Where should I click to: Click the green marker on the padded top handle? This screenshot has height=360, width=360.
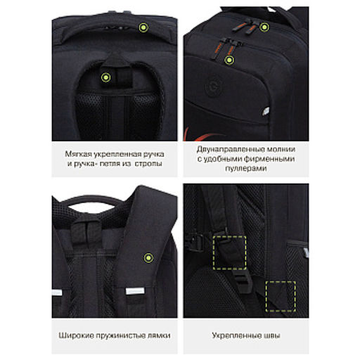[143, 27]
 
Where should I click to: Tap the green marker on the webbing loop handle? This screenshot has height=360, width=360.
[105, 77]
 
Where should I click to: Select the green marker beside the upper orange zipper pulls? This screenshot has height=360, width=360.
[264, 27]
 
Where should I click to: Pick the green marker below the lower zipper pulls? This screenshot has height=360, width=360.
[229, 60]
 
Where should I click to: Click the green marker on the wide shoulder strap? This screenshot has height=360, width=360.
[148, 258]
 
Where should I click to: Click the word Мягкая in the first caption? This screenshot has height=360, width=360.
[78, 154]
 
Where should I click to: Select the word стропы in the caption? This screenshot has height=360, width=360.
[148, 163]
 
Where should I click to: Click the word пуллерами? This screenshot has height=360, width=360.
[246, 168]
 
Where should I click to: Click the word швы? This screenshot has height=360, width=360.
[272, 336]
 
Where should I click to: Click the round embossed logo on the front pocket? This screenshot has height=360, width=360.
[214, 87]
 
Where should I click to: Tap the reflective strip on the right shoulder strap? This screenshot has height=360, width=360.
[135, 291]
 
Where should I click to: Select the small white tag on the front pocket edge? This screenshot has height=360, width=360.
[266, 112]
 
